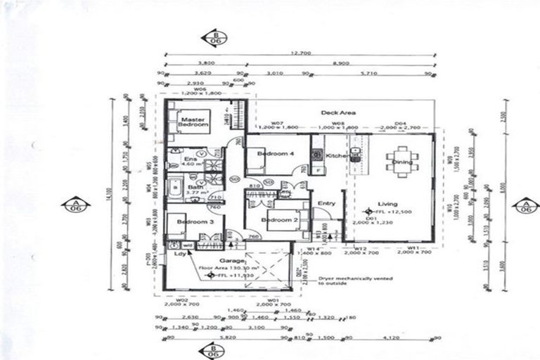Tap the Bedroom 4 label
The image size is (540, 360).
pyautogui.click(x=271, y=153)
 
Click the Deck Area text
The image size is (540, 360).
pyautogui.click(x=338, y=112)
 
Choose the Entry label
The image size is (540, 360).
pyautogui.click(x=327, y=204)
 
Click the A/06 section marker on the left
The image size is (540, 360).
pyautogui.click(x=75, y=205)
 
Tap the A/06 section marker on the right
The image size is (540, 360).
pyautogui.click(x=525, y=205)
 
